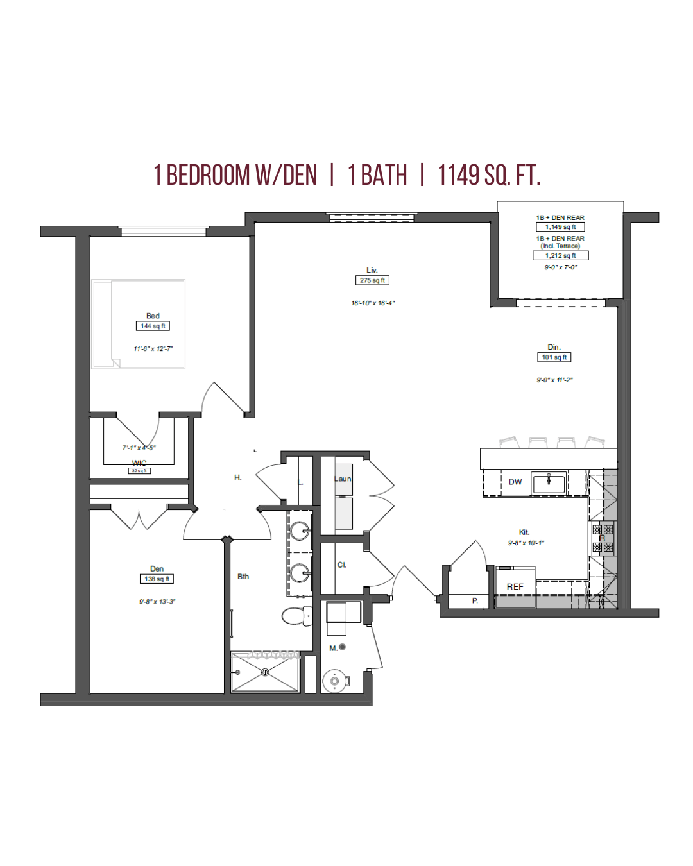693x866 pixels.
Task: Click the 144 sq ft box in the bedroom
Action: (x=153, y=326)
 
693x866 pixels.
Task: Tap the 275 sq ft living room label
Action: (x=372, y=280)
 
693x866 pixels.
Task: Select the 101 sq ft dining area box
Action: (x=554, y=357)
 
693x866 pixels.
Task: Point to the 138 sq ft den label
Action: (x=157, y=579)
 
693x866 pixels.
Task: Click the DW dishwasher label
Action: (x=515, y=482)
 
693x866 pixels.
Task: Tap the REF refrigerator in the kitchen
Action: (x=515, y=586)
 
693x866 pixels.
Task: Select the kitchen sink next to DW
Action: (x=549, y=482)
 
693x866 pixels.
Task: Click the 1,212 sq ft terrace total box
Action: (x=560, y=255)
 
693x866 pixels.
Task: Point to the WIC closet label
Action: (x=139, y=463)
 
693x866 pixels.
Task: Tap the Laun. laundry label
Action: (x=343, y=479)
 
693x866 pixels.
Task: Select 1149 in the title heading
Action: (x=458, y=175)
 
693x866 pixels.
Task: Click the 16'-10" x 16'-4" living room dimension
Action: (x=373, y=303)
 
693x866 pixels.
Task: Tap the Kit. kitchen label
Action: (x=524, y=532)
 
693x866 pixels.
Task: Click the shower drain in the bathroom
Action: (x=265, y=672)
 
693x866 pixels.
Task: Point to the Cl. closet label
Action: (x=341, y=565)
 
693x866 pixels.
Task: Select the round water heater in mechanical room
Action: (x=334, y=681)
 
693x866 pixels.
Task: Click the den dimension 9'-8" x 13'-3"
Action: (x=157, y=602)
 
